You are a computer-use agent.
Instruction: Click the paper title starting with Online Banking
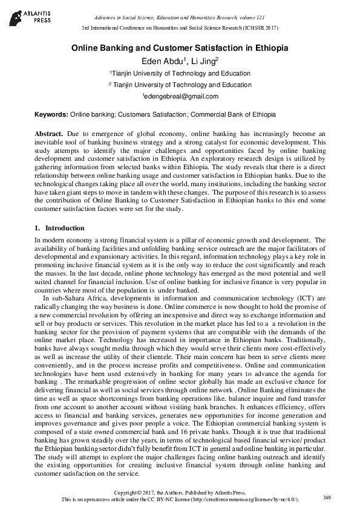tap(180, 48)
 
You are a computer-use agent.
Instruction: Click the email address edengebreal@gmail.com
tap(180, 96)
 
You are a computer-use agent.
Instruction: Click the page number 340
tap(327, 498)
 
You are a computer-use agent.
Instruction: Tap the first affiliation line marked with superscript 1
tap(180, 74)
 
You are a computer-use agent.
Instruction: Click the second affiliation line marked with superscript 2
tap(180, 85)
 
